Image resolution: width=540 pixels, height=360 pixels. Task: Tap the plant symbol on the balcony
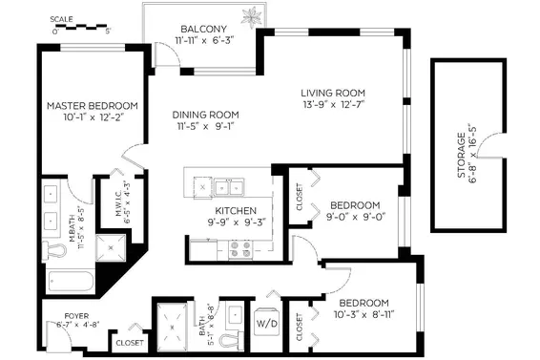coord(252,16)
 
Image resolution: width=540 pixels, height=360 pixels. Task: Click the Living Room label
coord(333,93)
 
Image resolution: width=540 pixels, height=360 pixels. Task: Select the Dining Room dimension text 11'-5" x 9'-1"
coord(205,126)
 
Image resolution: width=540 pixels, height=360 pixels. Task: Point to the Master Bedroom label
coord(93,105)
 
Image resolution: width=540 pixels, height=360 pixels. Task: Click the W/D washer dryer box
coord(266,323)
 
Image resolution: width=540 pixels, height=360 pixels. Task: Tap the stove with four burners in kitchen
coord(240,249)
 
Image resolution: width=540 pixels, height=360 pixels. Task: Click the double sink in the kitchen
coord(229,187)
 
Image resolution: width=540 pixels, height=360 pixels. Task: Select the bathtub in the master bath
coord(71,281)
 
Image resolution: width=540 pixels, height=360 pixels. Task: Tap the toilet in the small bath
coord(231,340)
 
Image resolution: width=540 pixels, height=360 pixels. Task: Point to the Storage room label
coord(462,155)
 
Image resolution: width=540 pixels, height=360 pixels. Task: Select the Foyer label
coord(76,316)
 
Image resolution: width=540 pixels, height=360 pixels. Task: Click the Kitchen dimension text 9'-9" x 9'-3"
coord(236,222)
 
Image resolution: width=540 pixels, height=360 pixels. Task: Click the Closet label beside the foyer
coord(130,343)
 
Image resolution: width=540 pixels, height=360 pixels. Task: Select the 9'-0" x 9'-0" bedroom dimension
coord(356,217)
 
